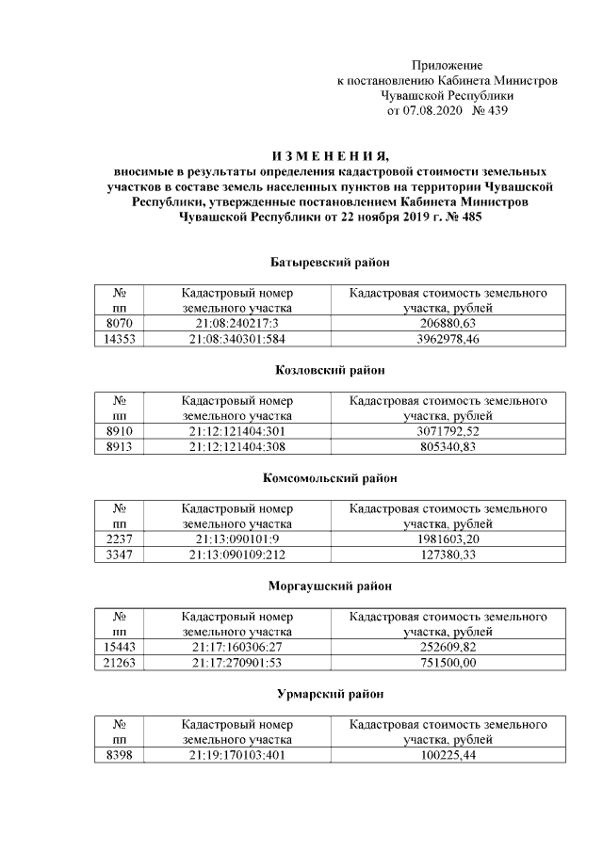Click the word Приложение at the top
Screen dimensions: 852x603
(447, 66)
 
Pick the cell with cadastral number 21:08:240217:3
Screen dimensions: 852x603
(236, 323)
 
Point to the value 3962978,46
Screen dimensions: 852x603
(448, 338)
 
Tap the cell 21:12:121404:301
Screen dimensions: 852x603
(236, 431)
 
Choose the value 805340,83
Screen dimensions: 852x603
(448, 446)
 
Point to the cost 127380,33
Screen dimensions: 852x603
(448, 555)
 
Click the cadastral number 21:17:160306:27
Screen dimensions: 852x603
(236, 648)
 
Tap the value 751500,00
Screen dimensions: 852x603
(448, 663)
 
